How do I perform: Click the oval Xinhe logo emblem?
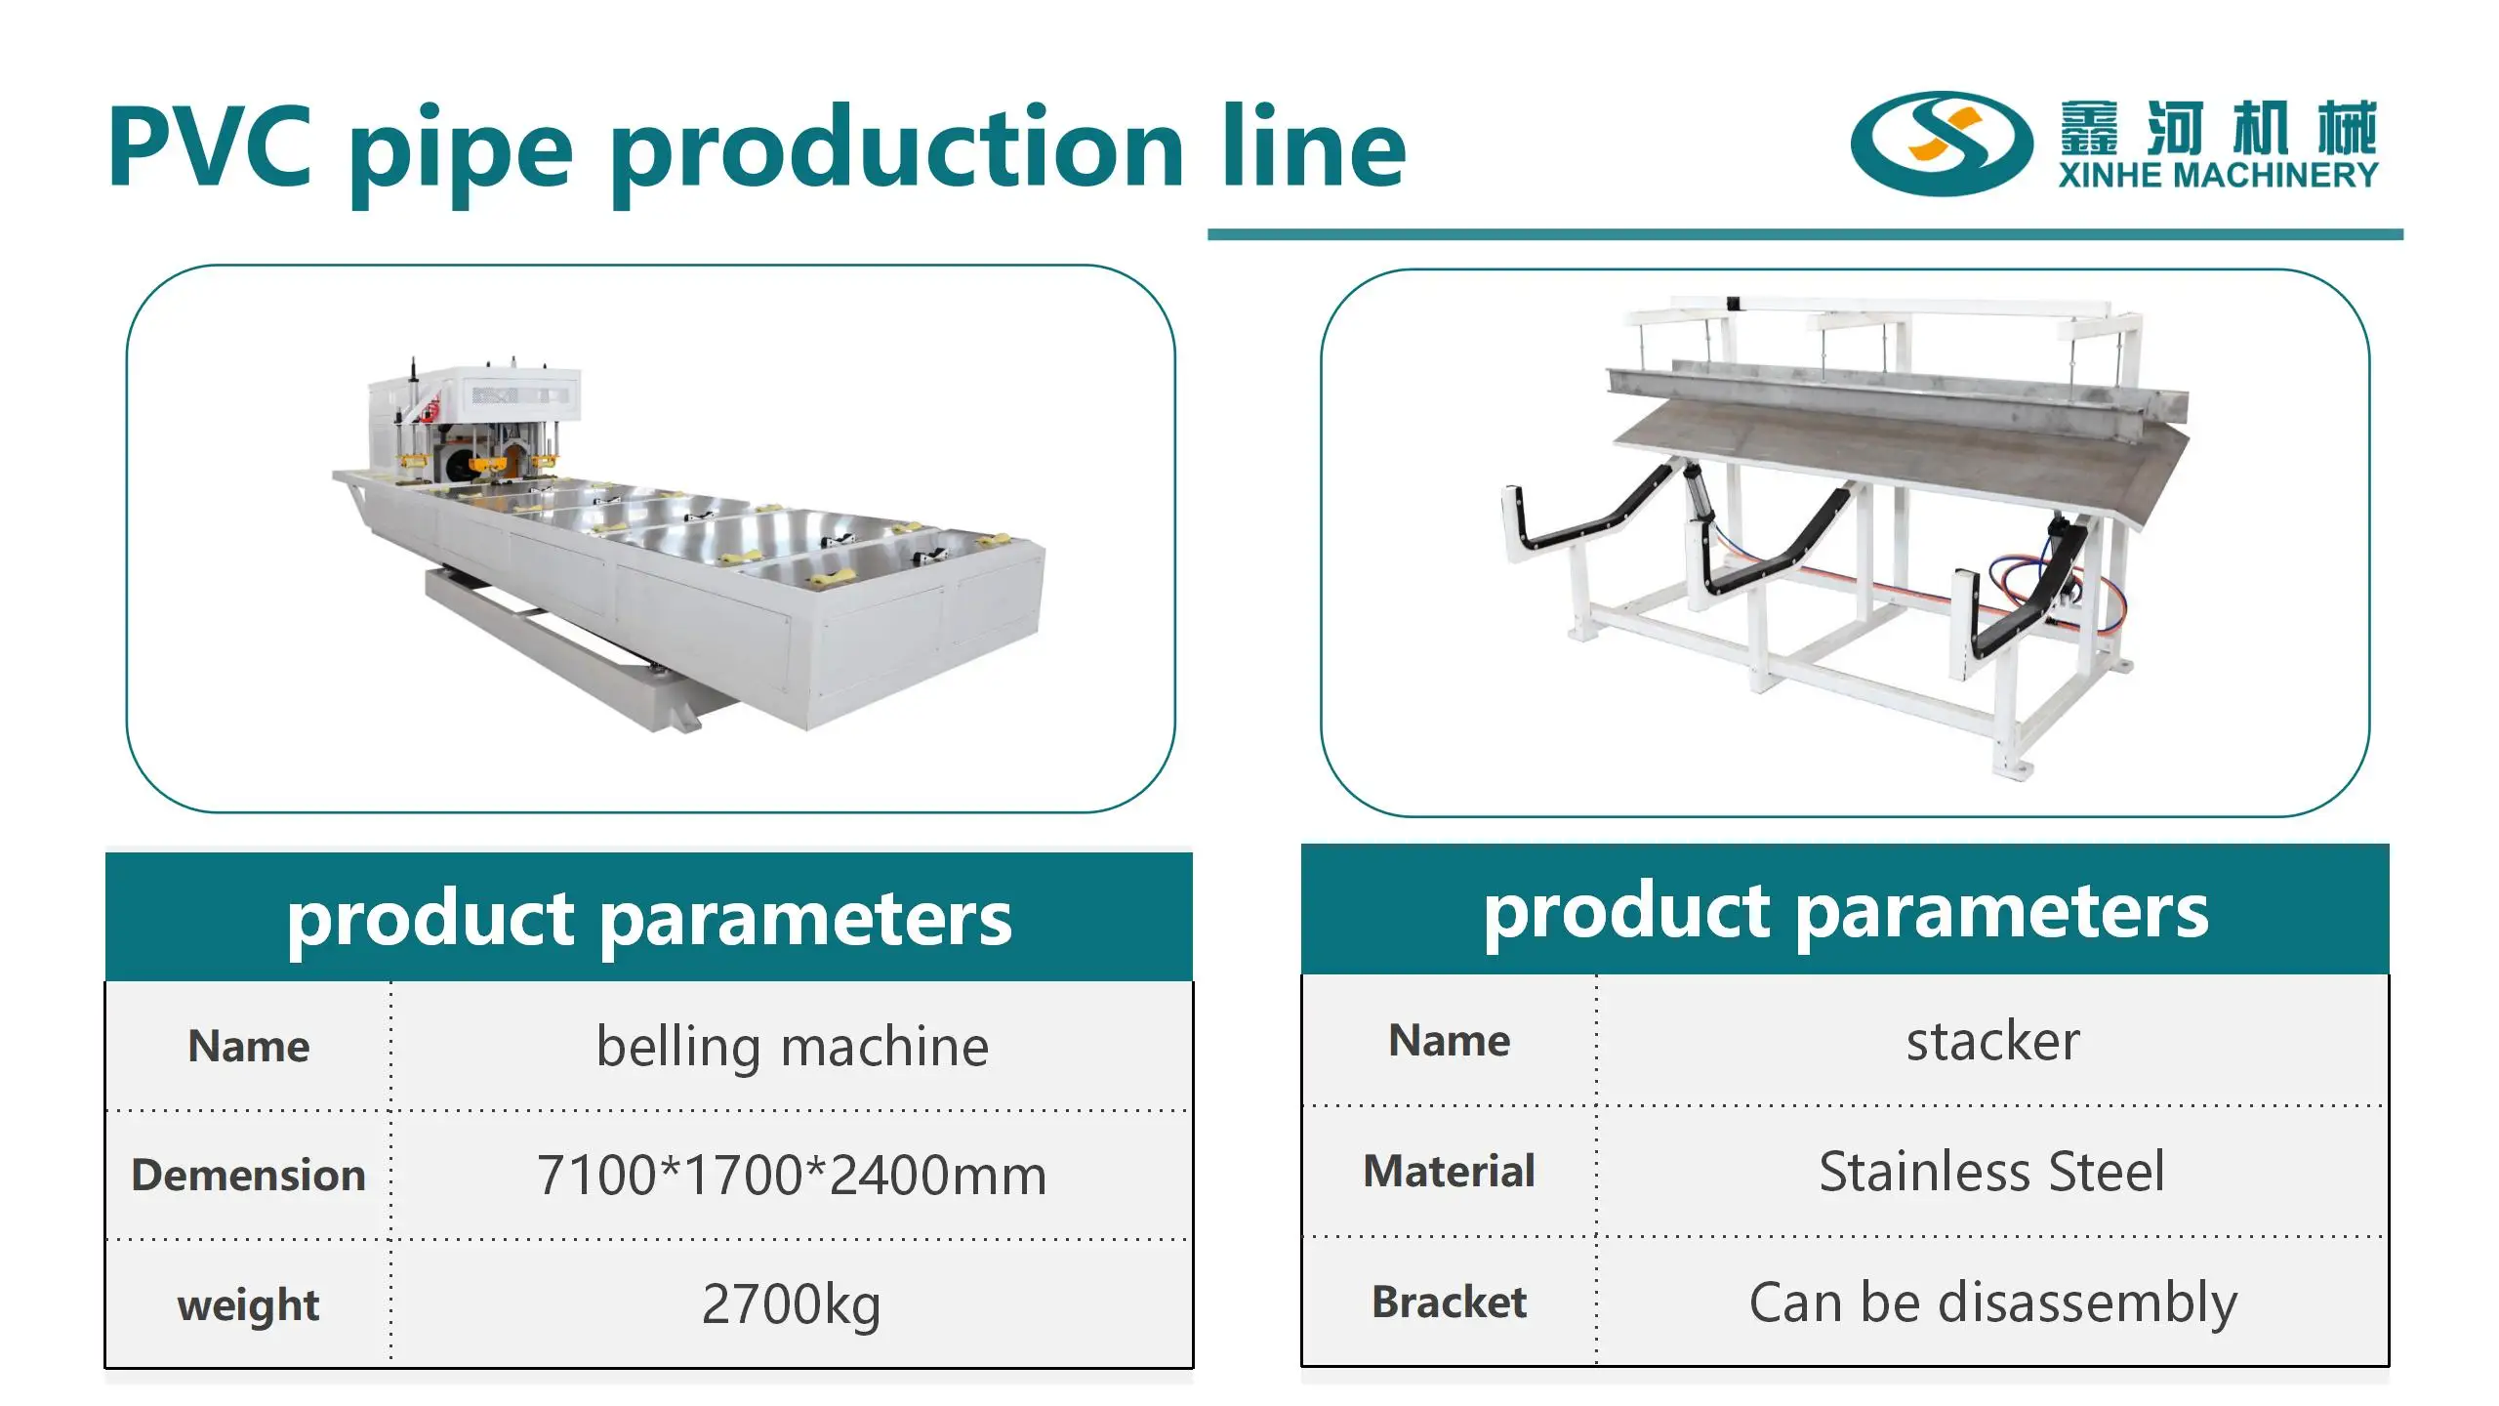[1941, 145]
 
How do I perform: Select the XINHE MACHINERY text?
[2218, 176]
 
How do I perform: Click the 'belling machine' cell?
[792, 1047]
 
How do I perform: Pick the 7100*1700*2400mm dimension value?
[792, 1175]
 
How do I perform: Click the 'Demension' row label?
[248, 1175]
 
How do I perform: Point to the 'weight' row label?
[248, 1305]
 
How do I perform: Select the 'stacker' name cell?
[1992, 1041]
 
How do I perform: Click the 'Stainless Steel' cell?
[1992, 1172]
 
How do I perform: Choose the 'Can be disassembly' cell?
[1992, 1303]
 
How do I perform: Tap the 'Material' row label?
[1449, 1171]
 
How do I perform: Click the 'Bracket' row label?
[1449, 1302]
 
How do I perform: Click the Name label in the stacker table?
[1449, 1041]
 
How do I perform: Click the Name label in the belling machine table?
[248, 1047]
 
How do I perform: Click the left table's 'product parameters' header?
[649, 919]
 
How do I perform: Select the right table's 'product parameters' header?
[1845, 911]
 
